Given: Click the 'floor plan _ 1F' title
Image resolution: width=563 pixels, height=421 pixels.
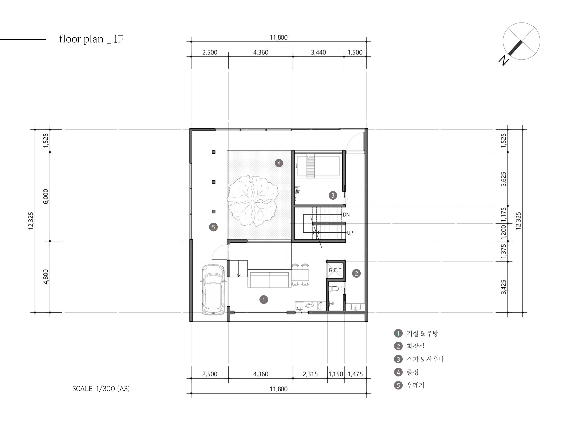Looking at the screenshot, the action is (x=91, y=39).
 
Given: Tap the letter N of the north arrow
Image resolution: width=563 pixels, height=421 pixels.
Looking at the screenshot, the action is (x=504, y=61).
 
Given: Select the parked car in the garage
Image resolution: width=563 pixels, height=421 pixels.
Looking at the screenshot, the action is (x=214, y=289).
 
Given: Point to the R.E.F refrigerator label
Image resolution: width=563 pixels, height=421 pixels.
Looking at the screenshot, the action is (x=335, y=270).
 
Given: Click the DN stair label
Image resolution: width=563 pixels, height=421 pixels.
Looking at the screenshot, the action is (x=346, y=215).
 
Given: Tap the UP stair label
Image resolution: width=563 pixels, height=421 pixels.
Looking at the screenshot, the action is (x=350, y=233).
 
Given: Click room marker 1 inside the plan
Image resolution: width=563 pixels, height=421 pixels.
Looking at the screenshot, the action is (x=263, y=300).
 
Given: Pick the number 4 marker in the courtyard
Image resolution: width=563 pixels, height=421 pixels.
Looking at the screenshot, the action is (x=279, y=163).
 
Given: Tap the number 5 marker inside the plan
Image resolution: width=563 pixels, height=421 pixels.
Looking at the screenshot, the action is (x=213, y=227).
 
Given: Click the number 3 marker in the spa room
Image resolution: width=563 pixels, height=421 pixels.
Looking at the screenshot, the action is (x=333, y=195).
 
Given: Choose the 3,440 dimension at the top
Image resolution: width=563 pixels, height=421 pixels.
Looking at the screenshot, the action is (x=318, y=52).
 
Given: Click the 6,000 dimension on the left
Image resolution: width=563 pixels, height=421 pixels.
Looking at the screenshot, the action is (x=46, y=196).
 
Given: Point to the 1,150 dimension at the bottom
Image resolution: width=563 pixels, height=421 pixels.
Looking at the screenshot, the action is (x=336, y=374).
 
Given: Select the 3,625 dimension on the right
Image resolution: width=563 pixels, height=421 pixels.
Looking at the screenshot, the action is (x=504, y=179).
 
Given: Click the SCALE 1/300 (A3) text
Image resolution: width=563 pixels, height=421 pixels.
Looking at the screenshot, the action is (x=101, y=389).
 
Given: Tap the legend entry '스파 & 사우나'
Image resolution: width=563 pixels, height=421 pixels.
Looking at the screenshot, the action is (x=425, y=359).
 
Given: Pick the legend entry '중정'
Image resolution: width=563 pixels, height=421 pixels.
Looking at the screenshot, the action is (x=413, y=372).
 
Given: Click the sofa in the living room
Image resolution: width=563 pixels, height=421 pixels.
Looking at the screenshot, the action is (x=270, y=280).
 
